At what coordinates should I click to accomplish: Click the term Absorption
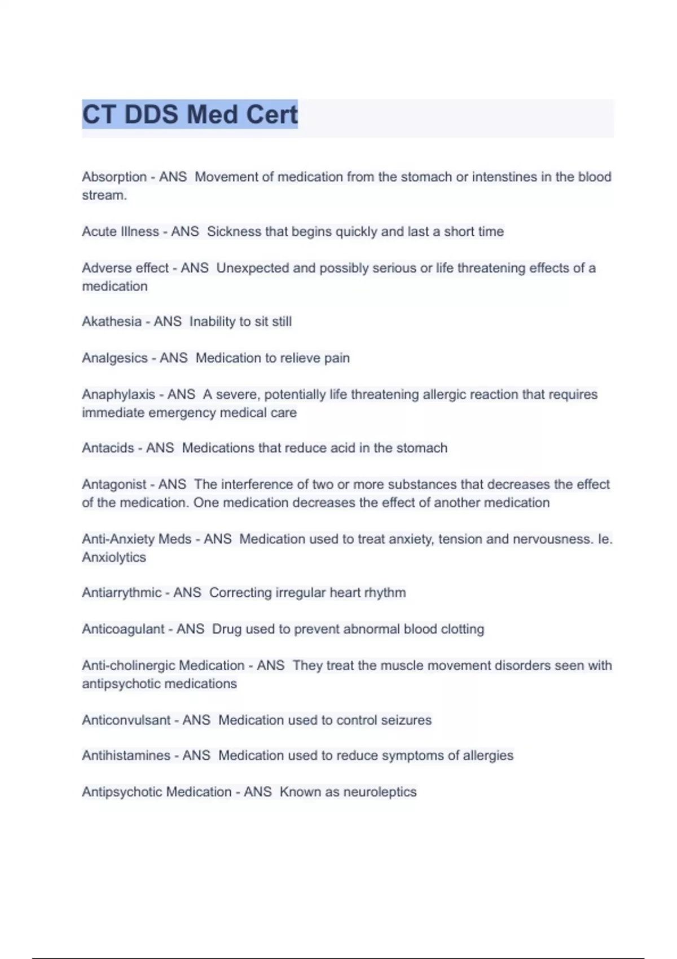(x=115, y=177)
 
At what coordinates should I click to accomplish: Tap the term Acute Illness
(x=120, y=232)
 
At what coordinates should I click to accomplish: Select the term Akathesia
(x=112, y=322)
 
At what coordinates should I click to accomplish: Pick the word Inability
(x=212, y=322)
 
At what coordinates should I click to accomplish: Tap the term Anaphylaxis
(x=118, y=394)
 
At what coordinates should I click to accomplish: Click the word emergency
(x=182, y=413)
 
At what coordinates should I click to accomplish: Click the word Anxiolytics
(x=114, y=557)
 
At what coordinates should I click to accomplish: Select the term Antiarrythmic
(x=122, y=593)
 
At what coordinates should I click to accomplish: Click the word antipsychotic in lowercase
(x=116, y=684)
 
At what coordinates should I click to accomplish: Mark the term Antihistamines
(x=126, y=755)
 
